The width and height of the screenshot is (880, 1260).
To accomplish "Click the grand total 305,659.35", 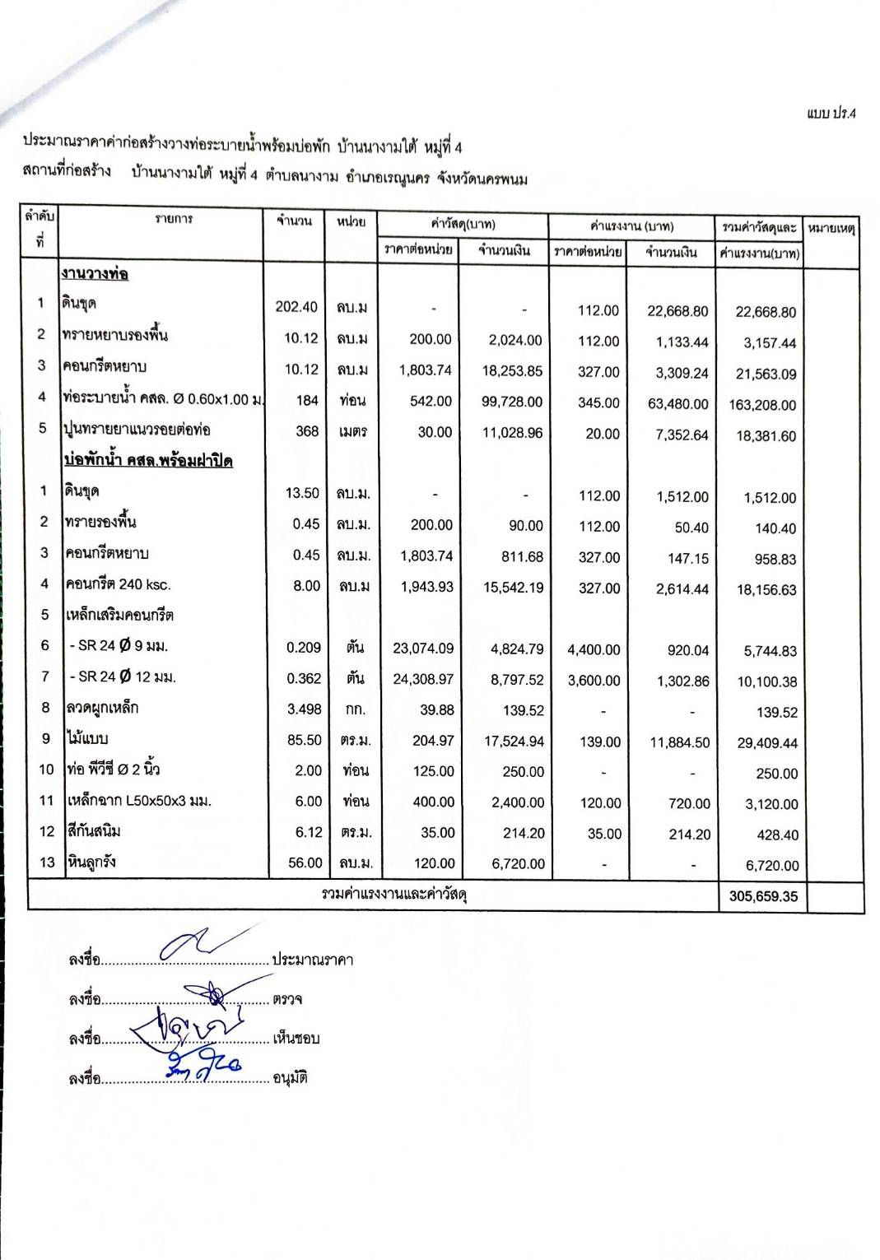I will [763, 896].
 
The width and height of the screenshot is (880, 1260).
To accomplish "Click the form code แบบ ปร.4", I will [831, 114].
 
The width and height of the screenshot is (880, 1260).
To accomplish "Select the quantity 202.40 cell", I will [296, 307].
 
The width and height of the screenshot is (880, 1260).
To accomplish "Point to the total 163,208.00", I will [762, 405].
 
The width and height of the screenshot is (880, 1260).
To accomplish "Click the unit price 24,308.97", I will [423, 679].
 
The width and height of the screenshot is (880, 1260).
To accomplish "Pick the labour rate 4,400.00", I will [594, 649].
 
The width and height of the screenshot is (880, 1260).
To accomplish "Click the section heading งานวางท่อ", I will [95, 273].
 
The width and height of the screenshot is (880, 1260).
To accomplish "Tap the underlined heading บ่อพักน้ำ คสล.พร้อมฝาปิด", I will [148, 460].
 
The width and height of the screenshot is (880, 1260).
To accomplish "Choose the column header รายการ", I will [175, 219].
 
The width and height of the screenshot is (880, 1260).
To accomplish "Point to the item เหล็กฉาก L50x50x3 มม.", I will [138, 801].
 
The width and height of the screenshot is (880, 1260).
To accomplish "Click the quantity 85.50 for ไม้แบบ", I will [304, 740].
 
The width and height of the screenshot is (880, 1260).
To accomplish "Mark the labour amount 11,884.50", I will [679, 742].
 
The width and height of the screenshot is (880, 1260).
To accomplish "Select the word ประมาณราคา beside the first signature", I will [313, 960].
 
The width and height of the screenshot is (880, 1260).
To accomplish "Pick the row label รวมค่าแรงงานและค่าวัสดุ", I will [394, 894].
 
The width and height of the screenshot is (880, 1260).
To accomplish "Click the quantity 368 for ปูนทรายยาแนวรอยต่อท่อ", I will [306, 431].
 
